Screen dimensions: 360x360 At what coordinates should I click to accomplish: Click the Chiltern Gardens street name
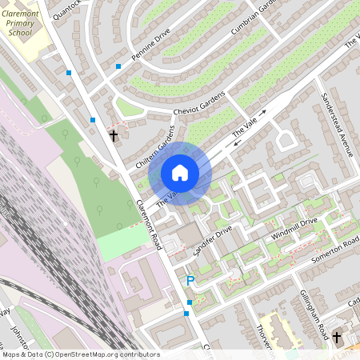pos(154,147)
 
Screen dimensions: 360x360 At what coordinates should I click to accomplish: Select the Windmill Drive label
pos(294,230)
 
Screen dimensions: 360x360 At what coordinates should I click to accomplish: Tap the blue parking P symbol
pos(190,281)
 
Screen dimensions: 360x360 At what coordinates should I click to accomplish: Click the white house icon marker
pos(180,172)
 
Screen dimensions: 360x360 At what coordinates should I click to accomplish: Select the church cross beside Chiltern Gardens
pos(113,135)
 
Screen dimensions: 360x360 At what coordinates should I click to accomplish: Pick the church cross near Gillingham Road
pos(337,337)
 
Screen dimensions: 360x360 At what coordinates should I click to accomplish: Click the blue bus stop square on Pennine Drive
pos(118,66)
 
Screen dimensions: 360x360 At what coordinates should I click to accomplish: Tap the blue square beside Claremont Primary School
pos(69,73)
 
